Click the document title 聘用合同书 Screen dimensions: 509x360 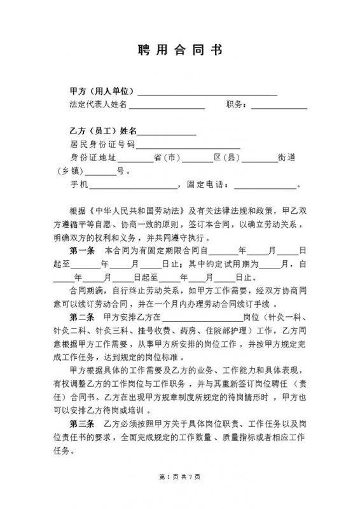(x=180, y=51)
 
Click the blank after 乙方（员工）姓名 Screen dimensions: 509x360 (x=167, y=132)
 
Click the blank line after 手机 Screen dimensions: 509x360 (x=134, y=186)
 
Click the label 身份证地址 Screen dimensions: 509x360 (x=92, y=158)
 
